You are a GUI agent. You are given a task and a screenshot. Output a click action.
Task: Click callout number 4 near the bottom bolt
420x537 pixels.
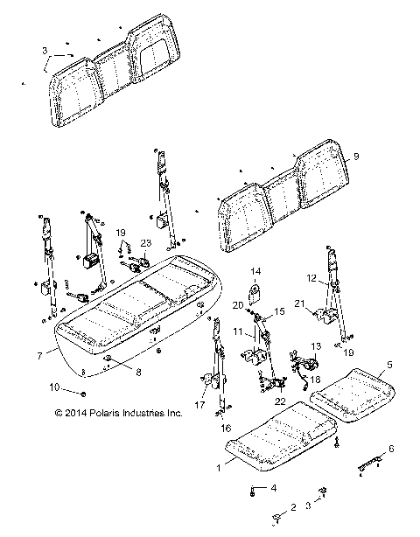pos(273,487)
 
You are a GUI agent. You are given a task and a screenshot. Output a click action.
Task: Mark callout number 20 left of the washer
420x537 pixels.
pos(236,304)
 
